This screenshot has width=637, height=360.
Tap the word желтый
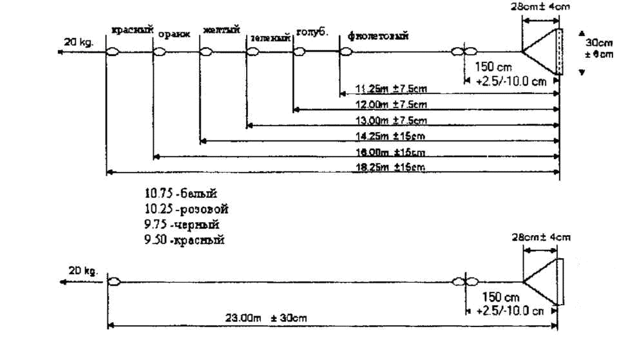tap(221, 30)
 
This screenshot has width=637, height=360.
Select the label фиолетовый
tap(378, 35)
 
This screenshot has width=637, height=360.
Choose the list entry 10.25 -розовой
tap(187, 209)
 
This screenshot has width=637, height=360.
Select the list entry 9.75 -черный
tap(182, 225)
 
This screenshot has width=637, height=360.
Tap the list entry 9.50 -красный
tap(184, 240)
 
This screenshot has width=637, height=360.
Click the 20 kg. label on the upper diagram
tap(79, 42)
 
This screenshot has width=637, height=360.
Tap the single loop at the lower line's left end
tap(114, 281)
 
